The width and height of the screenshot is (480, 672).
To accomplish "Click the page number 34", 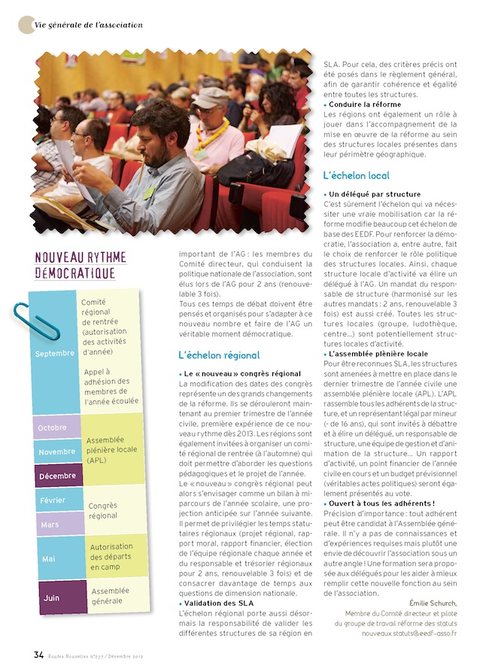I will [x=38, y=653].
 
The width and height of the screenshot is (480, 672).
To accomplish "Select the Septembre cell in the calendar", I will [x=55, y=353].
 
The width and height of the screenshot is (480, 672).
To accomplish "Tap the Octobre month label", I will [x=53, y=427].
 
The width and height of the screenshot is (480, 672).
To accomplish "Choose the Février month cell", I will [x=52, y=500].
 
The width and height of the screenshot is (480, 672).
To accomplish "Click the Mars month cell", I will [x=50, y=524].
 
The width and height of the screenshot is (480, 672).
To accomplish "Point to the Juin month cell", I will [x=52, y=598].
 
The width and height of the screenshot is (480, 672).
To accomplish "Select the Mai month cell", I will [x=49, y=558].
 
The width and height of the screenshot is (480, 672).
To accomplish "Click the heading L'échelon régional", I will [x=219, y=355].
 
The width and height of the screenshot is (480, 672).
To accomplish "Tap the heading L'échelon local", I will [x=356, y=176].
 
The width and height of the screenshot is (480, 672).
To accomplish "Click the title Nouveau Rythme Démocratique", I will [x=81, y=266].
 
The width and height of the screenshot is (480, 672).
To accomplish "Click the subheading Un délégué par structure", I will [x=375, y=194].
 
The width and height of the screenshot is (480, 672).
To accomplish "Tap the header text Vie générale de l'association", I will [x=88, y=26].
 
